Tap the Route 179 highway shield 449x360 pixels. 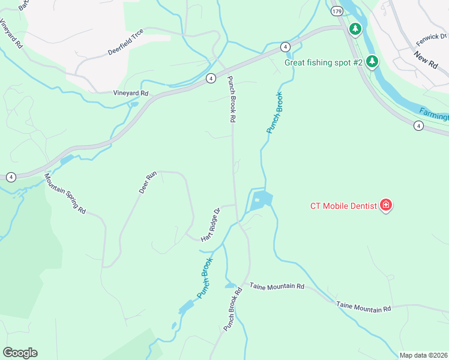337,11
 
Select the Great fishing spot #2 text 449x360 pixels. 324,62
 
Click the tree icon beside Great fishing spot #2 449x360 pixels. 372,61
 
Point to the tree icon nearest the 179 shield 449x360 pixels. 355,28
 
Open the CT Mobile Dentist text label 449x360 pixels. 343,206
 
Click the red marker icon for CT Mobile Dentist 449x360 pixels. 387,206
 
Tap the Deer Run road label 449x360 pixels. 147,182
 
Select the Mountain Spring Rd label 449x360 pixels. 65,194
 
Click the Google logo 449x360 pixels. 20,353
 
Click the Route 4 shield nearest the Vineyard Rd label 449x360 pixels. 211,79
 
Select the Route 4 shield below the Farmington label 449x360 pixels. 418,125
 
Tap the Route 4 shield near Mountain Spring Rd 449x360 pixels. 11,177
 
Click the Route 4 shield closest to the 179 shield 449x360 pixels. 285,47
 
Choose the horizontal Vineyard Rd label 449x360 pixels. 131,94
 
